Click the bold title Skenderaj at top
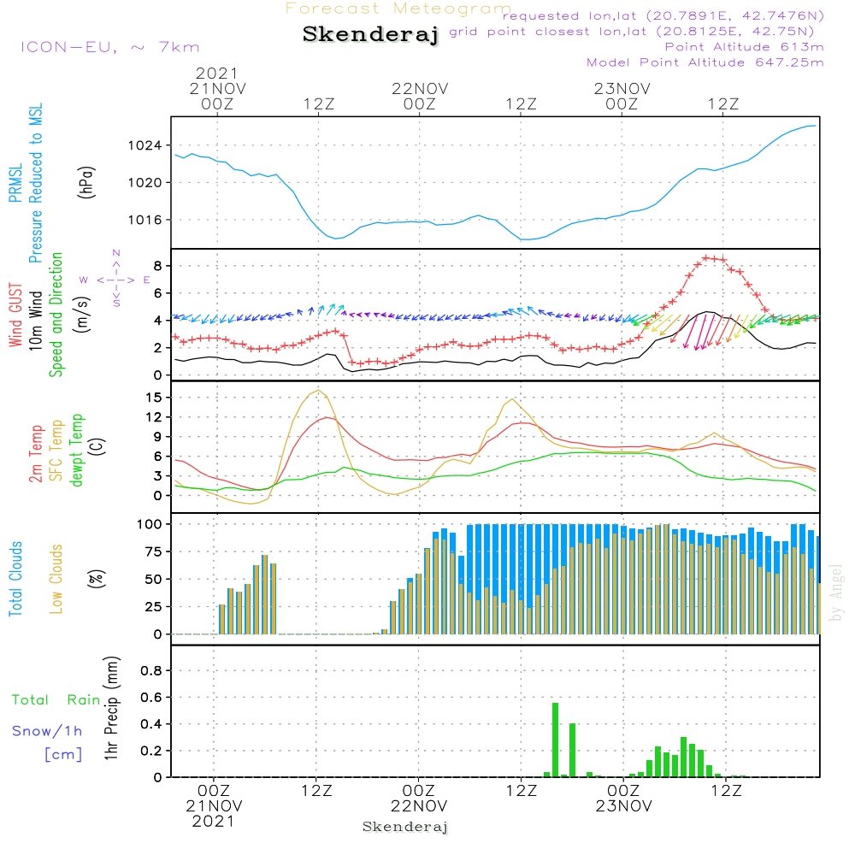(x=370, y=35)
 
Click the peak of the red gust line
(x=707, y=256)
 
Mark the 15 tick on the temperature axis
(x=154, y=398)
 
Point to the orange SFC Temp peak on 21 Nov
(x=319, y=391)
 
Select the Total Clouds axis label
(x=15, y=579)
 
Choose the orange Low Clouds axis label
(x=56, y=579)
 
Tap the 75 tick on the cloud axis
(x=150, y=551)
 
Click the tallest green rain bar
(x=556, y=740)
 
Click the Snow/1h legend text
(x=48, y=731)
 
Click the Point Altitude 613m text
(x=744, y=46)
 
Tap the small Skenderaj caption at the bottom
(x=405, y=827)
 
